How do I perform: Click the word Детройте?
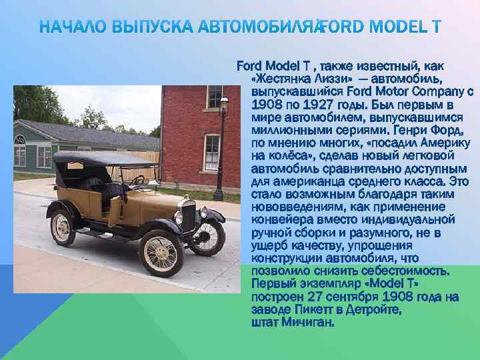point(369,309)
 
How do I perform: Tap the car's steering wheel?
point(137,179)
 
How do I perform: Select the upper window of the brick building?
point(215,97)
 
